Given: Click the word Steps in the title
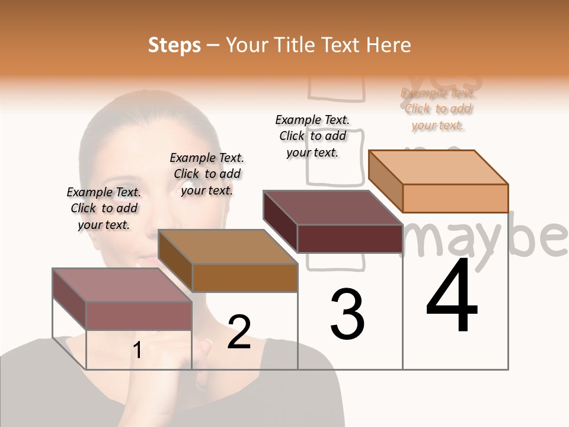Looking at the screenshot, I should click(174, 45).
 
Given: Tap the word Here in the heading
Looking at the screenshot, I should click(388, 45).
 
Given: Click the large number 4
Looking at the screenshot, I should click(452, 297).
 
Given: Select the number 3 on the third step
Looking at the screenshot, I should click(347, 314).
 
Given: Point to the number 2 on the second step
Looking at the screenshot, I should click(239, 332).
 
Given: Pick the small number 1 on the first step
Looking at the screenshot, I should click(138, 350).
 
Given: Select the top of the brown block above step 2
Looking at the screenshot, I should click(228, 247).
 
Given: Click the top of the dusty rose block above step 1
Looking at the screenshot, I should click(122, 285).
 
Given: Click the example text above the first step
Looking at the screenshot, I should click(104, 208).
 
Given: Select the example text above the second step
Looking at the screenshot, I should click(207, 174).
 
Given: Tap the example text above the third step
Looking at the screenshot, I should click(312, 136).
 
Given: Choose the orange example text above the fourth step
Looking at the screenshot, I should click(438, 109).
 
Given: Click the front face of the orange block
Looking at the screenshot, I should click(455, 198).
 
